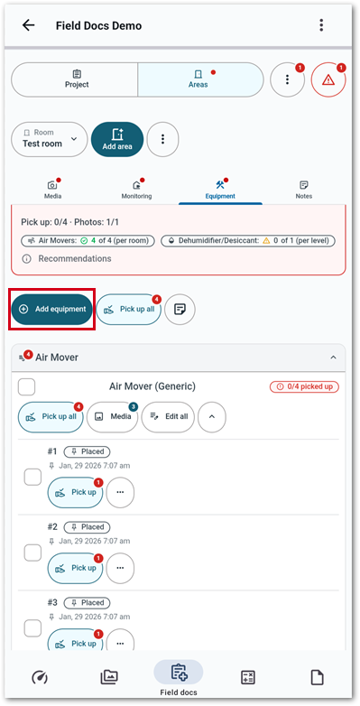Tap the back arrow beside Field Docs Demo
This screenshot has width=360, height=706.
coord(28,25)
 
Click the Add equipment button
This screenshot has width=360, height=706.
coord(51,310)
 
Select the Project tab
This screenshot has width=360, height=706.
coord(74,79)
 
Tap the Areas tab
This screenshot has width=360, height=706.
coord(200,79)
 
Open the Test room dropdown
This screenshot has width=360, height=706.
coord(50,139)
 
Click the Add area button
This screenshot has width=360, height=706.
coord(117,139)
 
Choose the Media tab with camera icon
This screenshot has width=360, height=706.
coord(52,190)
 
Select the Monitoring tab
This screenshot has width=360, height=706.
coord(136,190)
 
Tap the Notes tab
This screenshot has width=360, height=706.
coord(304,190)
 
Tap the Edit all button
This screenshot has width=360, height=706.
coord(168,417)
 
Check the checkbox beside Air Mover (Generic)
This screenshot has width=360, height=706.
coord(26,386)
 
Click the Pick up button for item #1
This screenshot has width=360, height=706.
coord(75,493)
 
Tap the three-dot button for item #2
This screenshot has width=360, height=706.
coord(120,568)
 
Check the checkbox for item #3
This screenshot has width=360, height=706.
coord(32,628)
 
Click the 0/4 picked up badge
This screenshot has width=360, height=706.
coord(304,386)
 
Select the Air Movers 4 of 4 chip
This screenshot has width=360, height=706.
coord(88,241)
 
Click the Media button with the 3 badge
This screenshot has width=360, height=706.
coord(112,417)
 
